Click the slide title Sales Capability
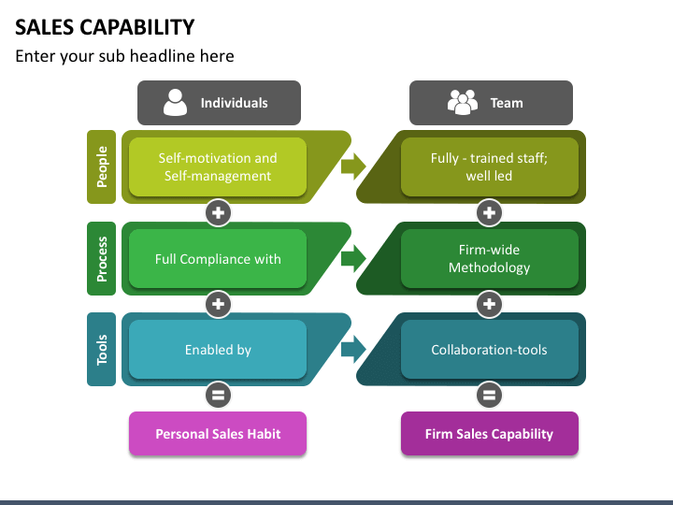pos(105,27)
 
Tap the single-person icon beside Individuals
pos(175,103)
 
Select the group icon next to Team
pos(463,103)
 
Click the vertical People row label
pos(101,166)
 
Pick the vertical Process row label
pos(101,258)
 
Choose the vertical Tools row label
pos(101,350)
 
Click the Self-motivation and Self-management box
pos(218,167)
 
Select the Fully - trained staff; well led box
pos(489,167)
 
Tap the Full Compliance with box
pos(218,258)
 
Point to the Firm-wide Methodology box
pos(489,258)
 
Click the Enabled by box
pos(218,350)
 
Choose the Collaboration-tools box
pos(489,350)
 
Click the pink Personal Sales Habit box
pos(218,434)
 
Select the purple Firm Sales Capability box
pos(489,434)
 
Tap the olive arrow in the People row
pos(353,166)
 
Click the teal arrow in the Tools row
pos(353,349)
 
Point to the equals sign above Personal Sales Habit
pos(218,395)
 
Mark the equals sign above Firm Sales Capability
pos(489,395)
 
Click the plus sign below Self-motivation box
pos(218,212)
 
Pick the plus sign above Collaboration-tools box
pos(489,304)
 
